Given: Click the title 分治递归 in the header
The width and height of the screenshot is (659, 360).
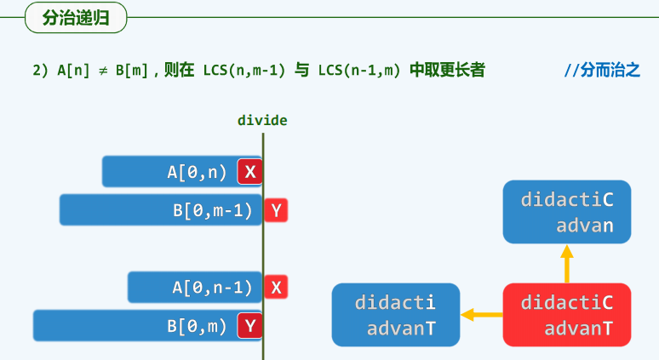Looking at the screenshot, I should pyautogui.click(x=76, y=17).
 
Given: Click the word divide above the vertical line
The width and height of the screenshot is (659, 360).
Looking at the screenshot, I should pyautogui.click(x=262, y=121).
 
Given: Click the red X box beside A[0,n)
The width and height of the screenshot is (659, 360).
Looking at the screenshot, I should pyautogui.click(x=249, y=172).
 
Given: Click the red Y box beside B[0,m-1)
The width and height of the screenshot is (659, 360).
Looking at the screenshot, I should pyautogui.click(x=276, y=209).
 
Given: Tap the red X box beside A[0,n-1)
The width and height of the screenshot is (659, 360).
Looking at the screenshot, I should pyautogui.click(x=276, y=287).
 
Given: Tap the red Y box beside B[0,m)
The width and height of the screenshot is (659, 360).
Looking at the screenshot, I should pyautogui.click(x=249, y=324).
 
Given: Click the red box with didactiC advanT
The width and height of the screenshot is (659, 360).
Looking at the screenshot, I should pyautogui.click(x=566, y=315).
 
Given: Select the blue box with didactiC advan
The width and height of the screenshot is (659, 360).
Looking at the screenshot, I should pyautogui.click(x=566, y=212).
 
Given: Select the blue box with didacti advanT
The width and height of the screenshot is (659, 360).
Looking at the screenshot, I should pyautogui.click(x=395, y=315).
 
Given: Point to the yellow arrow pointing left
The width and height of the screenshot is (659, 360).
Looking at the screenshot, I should pyautogui.click(x=481, y=315).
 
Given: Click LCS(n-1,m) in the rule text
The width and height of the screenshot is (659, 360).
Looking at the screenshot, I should pyautogui.click(x=358, y=70).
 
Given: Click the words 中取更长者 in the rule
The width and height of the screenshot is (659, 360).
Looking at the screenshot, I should pyautogui.click(x=448, y=70).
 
